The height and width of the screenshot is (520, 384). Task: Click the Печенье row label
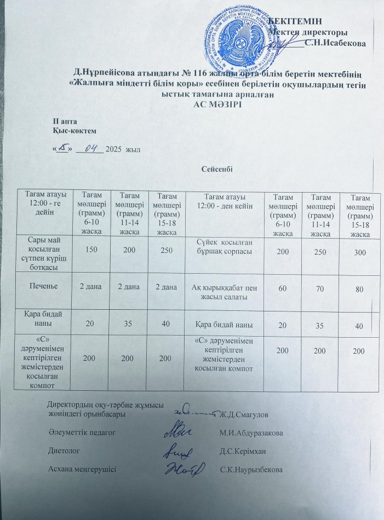coord(45,285)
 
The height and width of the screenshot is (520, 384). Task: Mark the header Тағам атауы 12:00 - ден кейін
coord(225,200)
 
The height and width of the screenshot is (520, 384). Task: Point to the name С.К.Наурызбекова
coord(251,470)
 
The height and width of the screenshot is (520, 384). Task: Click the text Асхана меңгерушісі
coord(82,470)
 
